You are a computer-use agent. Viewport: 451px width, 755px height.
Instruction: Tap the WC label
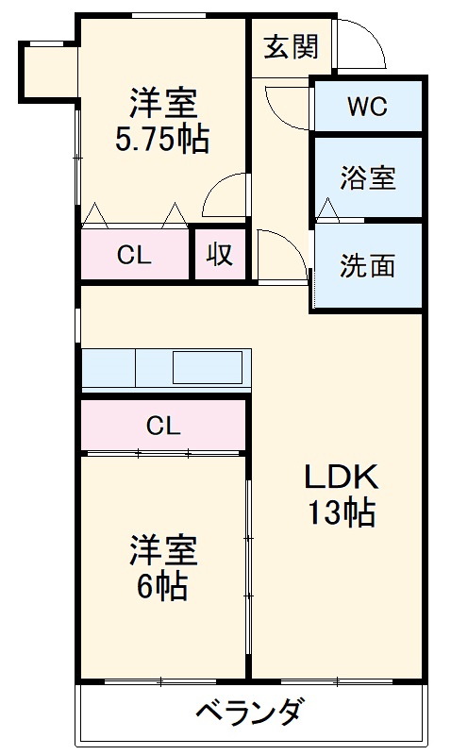pos(367,107)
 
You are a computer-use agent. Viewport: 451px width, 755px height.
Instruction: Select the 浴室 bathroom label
pos(368,177)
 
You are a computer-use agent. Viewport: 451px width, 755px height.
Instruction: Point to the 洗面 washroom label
pos(367,265)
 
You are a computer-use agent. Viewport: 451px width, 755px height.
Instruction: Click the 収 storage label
pos(220,254)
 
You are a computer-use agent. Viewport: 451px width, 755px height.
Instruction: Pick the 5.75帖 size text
pos(162,140)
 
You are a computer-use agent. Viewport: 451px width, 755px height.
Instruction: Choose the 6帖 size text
pos(162,586)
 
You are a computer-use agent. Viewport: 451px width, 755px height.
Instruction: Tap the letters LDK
pos(341,478)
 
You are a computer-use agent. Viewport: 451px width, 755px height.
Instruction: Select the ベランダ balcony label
pos(250,712)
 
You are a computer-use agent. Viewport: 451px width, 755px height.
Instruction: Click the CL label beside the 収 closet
pos(134,255)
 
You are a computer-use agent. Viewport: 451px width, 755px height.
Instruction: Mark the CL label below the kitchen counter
pos(163,426)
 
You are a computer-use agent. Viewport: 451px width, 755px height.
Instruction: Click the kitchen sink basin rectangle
pos(208,367)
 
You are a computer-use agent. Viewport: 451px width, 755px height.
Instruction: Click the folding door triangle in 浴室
pos(328,209)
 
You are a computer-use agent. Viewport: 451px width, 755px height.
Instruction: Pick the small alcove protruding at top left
pos(49,73)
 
